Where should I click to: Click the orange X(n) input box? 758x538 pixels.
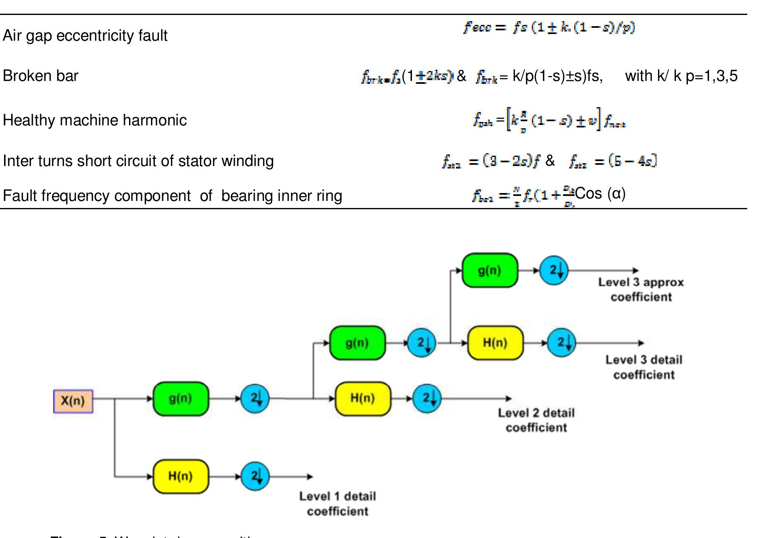pos(73,401)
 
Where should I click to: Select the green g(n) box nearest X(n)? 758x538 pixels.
pos(180,399)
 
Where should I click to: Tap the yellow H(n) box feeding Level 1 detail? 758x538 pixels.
pos(180,476)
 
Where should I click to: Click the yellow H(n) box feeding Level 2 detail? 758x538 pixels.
pos(363,399)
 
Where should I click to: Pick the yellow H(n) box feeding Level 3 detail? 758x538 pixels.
pos(495,343)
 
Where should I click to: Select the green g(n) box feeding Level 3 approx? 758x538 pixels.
pos(490,271)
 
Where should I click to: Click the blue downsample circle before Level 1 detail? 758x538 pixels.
pos(255,476)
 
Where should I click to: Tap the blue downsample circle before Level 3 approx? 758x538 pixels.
pos(554,271)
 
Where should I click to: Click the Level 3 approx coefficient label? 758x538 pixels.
pos(641,290)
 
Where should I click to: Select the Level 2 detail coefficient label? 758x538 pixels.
pos(536,420)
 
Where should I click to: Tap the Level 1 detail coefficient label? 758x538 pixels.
pos(338,504)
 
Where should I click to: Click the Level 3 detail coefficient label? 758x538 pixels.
pos(644,367)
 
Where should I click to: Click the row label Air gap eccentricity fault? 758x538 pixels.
pos(85,36)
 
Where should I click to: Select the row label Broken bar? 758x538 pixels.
pos(41,76)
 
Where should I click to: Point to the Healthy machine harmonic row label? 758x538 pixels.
pos(95,120)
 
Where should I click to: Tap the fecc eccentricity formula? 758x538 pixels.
pos(549,28)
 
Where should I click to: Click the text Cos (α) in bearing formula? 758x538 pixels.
pos(600,193)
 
